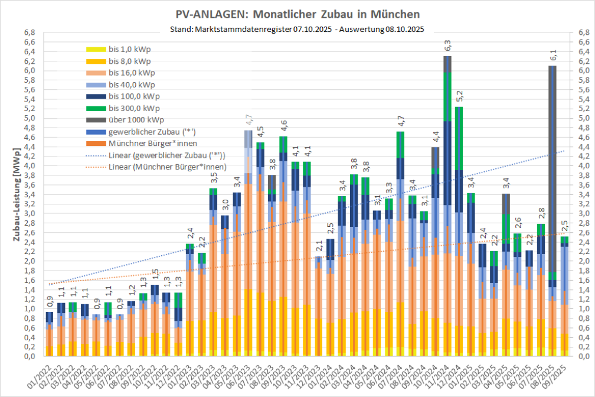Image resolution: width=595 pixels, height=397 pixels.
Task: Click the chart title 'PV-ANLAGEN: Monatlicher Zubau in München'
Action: tap(298, 14)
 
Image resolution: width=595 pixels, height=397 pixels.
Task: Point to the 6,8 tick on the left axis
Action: tap(28, 32)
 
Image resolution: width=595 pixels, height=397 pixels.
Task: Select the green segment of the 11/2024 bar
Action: tap(447, 88)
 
